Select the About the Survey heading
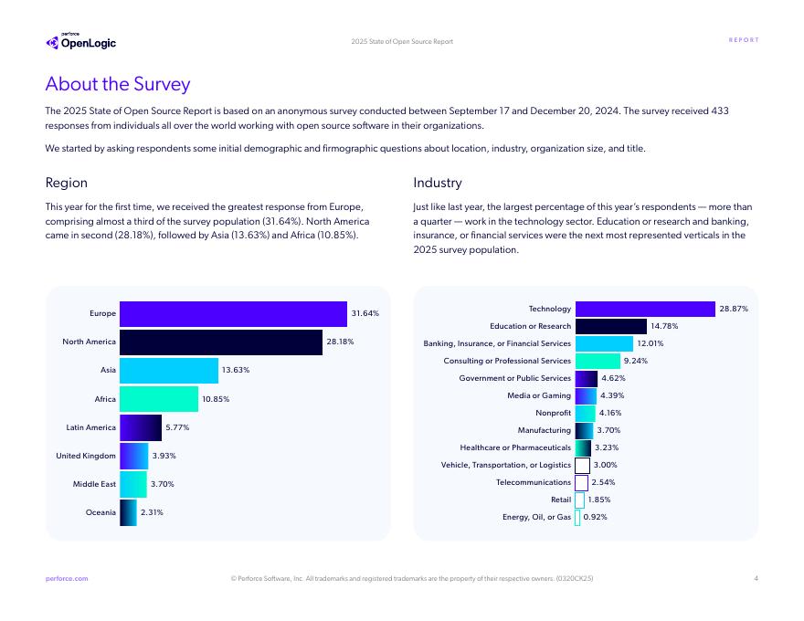pos(118,84)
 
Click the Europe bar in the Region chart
pos(233,314)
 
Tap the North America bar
pos(221,342)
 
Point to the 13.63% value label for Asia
pos(235,370)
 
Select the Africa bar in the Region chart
pos(159,399)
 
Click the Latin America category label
pos(91,427)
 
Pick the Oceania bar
pos(128,512)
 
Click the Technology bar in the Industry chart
pos(645,310)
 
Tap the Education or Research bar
pos(610,326)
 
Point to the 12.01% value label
pos(650,343)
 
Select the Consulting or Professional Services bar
pos(598,361)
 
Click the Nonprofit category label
pos(553,413)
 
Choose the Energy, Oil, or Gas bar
pos(577,518)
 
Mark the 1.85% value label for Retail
pos(600,500)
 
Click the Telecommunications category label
pos(534,482)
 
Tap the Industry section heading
pos(438,184)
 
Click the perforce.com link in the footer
pos(67,578)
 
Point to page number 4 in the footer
pos(756,578)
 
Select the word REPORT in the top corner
pos(744,40)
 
